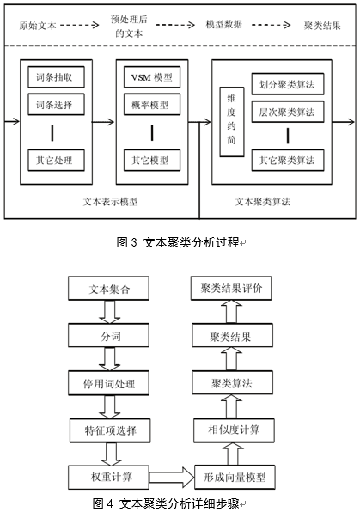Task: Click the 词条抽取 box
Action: point(56,77)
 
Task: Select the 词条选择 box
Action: point(56,105)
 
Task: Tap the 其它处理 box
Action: point(56,161)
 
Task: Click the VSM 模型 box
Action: point(152,77)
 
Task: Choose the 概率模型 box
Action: point(152,105)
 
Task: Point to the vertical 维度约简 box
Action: point(232,122)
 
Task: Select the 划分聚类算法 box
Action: point(288,84)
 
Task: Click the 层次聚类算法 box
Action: point(288,112)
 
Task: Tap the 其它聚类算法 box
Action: point(288,161)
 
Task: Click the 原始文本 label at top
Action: point(38,26)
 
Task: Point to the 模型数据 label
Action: point(224,25)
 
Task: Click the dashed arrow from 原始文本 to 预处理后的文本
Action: point(79,25)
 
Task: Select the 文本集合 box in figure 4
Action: point(108,289)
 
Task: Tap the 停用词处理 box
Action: point(108,382)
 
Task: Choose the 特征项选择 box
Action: point(110,430)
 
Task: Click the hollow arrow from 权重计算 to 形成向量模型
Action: point(172,477)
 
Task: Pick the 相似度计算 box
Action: point(234,430)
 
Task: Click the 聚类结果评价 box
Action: point(231,288)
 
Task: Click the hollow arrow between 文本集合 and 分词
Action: point(109,312)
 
